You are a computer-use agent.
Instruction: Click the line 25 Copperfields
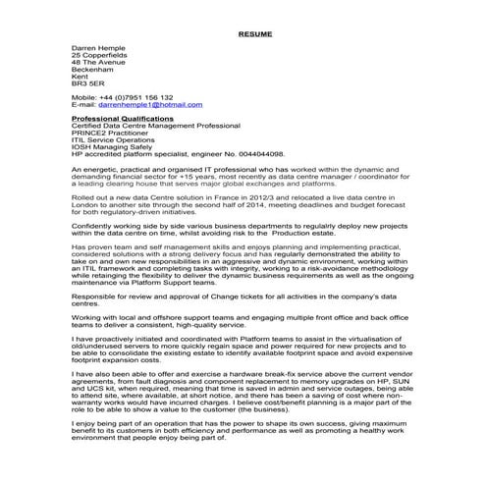coord(100,55)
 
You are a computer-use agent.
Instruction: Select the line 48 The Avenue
coord(99,63)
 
